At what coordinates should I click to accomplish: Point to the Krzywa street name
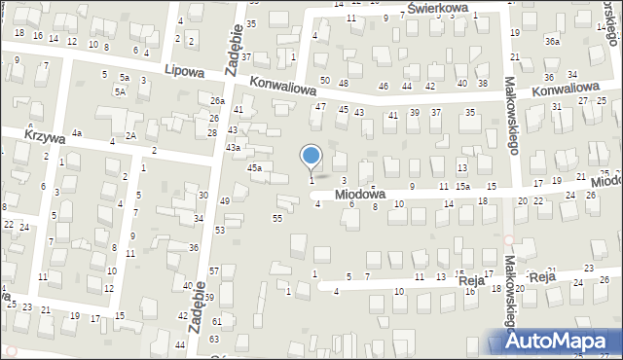45,138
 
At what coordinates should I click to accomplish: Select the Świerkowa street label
438,8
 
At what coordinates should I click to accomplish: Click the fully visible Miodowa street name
359,195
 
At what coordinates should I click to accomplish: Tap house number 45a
254,168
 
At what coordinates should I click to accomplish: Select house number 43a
234,147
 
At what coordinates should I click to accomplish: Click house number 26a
217,100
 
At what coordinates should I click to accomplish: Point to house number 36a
553,41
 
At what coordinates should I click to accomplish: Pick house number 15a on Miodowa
463,186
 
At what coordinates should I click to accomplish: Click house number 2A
130,135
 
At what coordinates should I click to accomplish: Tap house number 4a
76,132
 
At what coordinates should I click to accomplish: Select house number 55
277,218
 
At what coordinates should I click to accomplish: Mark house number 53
220,230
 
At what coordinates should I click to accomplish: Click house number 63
214,340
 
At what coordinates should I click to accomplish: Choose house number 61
216,321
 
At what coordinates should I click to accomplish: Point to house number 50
325,80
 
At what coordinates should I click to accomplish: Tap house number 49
225,200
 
